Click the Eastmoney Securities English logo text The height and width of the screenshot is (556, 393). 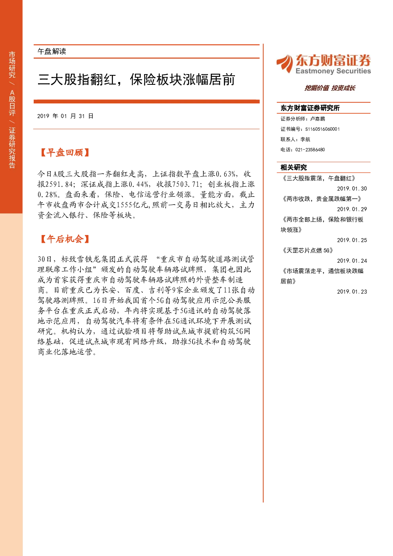pyautogui.click(x=333, y=71)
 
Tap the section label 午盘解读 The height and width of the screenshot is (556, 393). pyautogui.click(x=52, y=52)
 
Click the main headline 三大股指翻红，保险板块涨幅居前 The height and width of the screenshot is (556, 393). pyautogui.click(x=136, y=80)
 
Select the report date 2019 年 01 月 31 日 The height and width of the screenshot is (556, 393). pyautogui.click(x=65, y=116)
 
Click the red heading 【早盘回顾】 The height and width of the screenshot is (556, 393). pyautogui.click(x=65, y=153)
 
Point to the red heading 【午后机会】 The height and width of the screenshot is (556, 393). pyautogui.click(x=65, y=239)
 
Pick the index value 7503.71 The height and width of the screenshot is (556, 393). pyautogui.click(x=186, y=184)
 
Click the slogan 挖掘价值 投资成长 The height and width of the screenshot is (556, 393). pyautogui.click(x=330, y=88)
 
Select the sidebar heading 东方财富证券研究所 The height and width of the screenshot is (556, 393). pyautogui.click(x=310, y=108)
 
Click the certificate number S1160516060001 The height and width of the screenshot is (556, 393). pyautogui.click(x=322, y=129)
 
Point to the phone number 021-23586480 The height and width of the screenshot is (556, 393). pyautogui.click(x=310, y=150)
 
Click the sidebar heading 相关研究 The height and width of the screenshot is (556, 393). pyautogui.click(x=294, y=168)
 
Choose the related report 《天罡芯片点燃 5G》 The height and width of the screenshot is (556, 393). pyautogui.click(x=307, y=250)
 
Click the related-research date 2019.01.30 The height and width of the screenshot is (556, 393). pyautogui.click(x=352, y=189)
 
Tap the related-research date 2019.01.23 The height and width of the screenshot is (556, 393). pyautogui.click(x=352, y=292)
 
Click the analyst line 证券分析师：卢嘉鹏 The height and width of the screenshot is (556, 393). pyautogui.click(x=303, y=119)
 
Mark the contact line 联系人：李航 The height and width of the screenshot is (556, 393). pyautogui.click(x=295, y=139)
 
